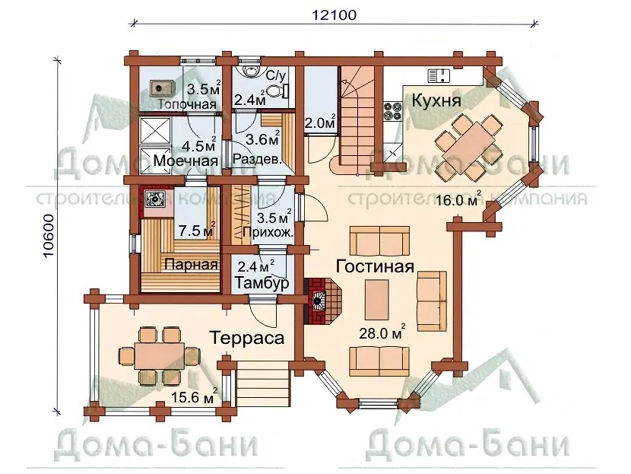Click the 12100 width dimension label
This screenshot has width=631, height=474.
tap(334, 15)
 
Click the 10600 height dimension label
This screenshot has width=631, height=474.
tap(48, 237)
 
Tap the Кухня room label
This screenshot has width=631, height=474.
tap(436, 100)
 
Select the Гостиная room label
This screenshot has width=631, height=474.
tap(375, 266)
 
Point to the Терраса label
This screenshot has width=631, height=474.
tap(247, 338)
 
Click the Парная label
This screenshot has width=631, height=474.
tap(191, 265)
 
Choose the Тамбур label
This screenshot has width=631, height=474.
tap(262, 282)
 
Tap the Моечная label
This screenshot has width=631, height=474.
tap(185, 161)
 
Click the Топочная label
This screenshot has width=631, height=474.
tap(187, 104)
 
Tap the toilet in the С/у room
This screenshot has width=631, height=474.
tap(277, 91)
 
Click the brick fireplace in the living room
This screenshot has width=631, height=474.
tap(323, 301)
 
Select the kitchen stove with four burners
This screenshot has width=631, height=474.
tap(393, 111)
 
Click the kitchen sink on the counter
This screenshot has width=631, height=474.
tap(439, 76)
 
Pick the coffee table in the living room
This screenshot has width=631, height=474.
tap(377, 300)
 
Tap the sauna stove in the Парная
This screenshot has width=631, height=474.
tap(154, 199)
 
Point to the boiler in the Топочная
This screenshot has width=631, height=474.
tap(163, 87)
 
